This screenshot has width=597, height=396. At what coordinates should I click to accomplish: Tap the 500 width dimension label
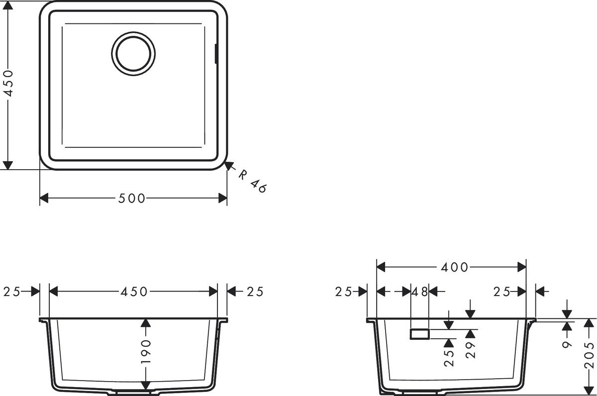pyautogui.click(x=132, y=198)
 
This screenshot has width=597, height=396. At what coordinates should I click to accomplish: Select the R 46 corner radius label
pyautogui.click(x=252, y=181)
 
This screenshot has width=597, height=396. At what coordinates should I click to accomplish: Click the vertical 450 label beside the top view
pyautogui.click(x=8, y=84)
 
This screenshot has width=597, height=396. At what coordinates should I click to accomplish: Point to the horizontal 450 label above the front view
pyautogui.click(x=133, y=292)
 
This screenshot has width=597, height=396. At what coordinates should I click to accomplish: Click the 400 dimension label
pyautogui.click(x=455, y=267)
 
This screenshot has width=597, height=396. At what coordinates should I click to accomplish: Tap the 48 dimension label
pyautogui.click(x=420, y=292)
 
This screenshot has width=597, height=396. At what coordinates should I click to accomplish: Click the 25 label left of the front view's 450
pyautogui.click(x=12, y=292)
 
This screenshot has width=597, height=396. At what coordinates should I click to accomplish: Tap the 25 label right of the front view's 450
pyautogui.click(x=253, y=292)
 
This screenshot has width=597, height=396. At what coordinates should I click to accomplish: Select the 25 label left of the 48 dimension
pyautogui.click(x=344, y=292)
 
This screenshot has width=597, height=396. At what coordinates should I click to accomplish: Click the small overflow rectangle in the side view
pyautogui.click(x=419, y=334)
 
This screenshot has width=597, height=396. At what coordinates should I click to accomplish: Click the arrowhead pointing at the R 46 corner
pyautogui.click(x=230, y=166)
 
